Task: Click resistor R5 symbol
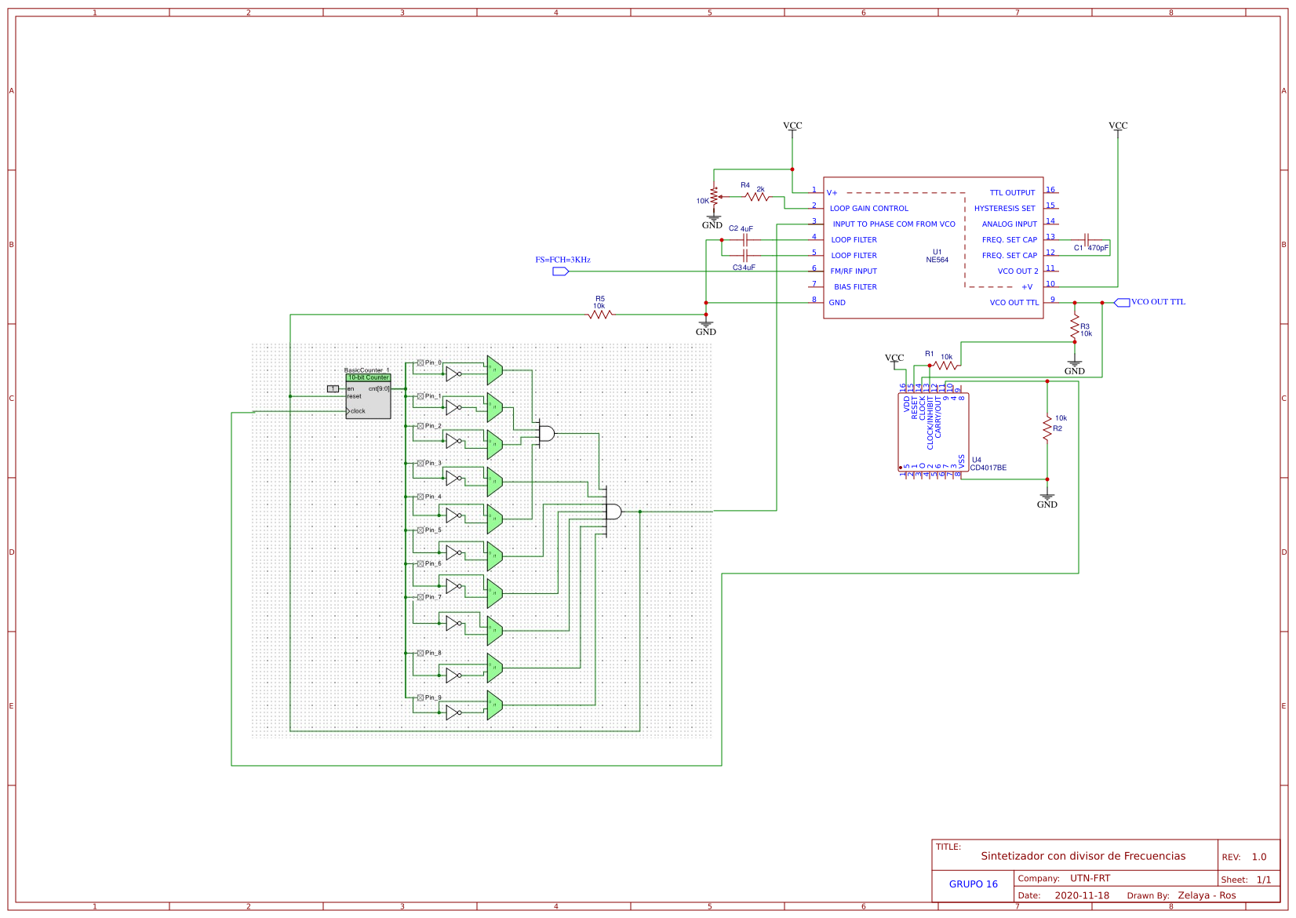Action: click(x=600, y=314)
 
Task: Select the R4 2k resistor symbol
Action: click(x=758, y=197)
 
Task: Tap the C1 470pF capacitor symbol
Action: click(x=1087, y=240)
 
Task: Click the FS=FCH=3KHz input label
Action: click(x=562, y=260)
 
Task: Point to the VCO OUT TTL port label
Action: click(x=1158, y=302)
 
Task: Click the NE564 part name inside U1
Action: click(x=937, y=260)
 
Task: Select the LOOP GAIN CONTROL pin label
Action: click(x=868, y=209)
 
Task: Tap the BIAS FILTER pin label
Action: click(x=855, y=287)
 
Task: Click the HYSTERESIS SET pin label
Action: click(x=1004, y=209)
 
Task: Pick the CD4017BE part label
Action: click(x=988, y=468)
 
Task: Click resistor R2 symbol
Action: click(x=1047, y=428)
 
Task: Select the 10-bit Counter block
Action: click(x=368, y=399)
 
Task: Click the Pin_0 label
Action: click(x=433, y=362)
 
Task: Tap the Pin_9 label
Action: click(x=433, y=698)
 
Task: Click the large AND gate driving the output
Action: click(x=613, y=512)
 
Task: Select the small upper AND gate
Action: click(x=546, y=433)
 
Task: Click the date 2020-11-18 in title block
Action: click(x=1081, y=895)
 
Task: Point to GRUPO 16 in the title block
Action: click(x=973, y=884)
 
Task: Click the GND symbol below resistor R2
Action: click(x=1047, y=499)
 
